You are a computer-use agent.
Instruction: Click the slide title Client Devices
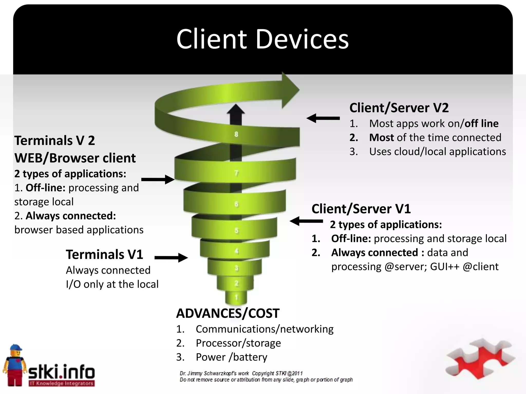click(x=262, y=39)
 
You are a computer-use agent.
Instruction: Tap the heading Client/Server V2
click(x=399, y=108)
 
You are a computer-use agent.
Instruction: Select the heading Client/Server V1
click(x=361, y=209)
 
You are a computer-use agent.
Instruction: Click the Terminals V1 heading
click(x=104, y=255)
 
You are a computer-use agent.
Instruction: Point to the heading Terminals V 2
click(x=54, y=141)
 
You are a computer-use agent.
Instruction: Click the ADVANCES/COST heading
click(x=228, y=313)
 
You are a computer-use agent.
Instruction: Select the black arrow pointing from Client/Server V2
click(x=323, y=118)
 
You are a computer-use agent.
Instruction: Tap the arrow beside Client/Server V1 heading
click(x=306, y=221)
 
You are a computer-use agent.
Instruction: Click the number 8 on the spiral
click(x=236, y=134)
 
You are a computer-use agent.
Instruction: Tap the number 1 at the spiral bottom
click(x=237, y=298)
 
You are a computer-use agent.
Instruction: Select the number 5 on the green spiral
click(x=236, y=231)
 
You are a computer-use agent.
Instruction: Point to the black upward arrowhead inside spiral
click(x=236, y=110)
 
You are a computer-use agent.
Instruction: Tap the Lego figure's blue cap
click(x=16, y=348)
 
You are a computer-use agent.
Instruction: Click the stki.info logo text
click(x=62, y=372)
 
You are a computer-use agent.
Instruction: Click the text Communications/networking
click(x=264, y=329)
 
